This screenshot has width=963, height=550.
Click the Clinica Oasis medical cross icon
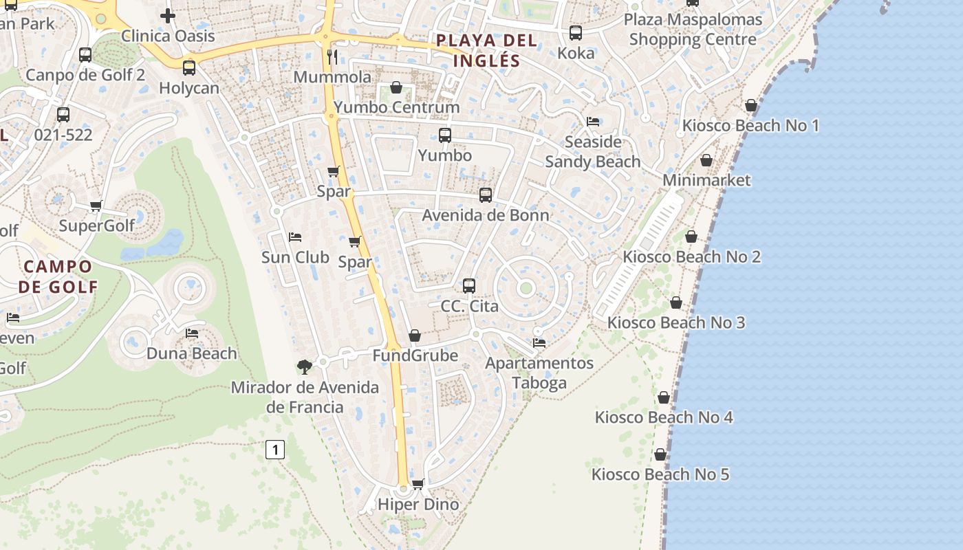click(168, 15)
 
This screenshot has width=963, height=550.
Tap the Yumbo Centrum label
click(397, 107)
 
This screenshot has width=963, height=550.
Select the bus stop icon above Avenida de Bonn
click(486, 195)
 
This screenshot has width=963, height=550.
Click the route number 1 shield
click(274, 450)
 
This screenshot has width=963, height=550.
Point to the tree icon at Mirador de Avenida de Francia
click(304, 367)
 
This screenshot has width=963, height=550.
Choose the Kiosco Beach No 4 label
click(664, 417)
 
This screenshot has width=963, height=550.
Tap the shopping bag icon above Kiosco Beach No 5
click(660, 454)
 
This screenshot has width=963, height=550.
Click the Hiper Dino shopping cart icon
click(418, 484)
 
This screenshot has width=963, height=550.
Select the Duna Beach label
click(191, 353)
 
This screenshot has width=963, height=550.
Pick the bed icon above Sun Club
click(295, 237)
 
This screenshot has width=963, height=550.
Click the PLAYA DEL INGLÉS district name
click(486, 50)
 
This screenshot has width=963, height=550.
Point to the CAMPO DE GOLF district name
click(58, 276)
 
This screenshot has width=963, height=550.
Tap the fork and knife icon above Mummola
click(333, 56)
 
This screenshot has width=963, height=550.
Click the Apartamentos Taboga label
click(539, 373)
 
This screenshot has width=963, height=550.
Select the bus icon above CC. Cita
click(469, 285)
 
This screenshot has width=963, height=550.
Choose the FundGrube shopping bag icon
click(415, 335)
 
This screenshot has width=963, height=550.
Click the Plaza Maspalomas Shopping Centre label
click(693, 29)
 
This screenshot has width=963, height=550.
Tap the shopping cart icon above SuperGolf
click(96, 206)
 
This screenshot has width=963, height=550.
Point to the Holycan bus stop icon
click(189, 68)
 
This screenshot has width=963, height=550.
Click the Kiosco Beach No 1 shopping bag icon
click(751, 105)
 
